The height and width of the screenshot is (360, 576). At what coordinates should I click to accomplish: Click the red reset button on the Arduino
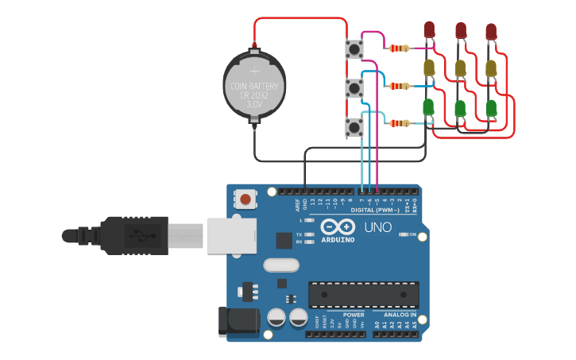coord(245,199)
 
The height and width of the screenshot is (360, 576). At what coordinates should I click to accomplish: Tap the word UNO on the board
coord(377,227)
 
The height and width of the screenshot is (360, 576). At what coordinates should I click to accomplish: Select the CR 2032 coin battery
coord(253,86)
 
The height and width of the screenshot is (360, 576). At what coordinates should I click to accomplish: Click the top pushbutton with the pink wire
coord(354,49)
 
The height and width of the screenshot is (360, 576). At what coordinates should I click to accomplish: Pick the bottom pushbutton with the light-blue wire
coord(354,126)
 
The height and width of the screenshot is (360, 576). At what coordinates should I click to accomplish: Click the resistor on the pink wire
coord(400,48)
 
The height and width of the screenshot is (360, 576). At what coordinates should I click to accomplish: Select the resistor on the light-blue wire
coord(400,123)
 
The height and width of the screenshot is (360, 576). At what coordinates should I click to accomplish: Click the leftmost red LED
coord(429,29)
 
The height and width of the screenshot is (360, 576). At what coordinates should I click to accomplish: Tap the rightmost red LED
coord(491,31)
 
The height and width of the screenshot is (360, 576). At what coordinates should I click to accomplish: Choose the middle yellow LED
coord(460,68)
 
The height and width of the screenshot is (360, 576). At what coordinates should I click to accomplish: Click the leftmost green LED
coord(429,106)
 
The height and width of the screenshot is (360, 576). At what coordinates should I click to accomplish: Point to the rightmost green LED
coord(491,107)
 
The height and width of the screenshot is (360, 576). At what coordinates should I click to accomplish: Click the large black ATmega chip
coord(364,294)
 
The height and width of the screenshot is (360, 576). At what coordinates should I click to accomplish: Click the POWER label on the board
coord(354,315)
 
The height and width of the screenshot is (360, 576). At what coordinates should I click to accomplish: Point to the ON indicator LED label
coord(412,234)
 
